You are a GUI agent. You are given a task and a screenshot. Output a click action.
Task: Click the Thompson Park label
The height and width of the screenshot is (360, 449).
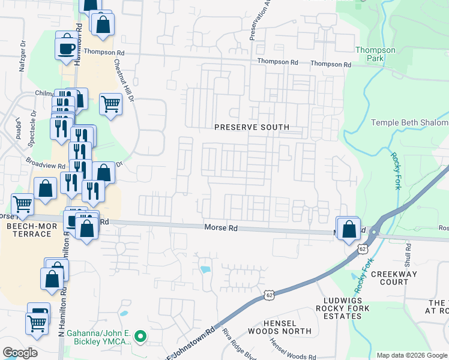375,55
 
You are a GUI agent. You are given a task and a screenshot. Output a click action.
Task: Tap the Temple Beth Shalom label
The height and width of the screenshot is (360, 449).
409,122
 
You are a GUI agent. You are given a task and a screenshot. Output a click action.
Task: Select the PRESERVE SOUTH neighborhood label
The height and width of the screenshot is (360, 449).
252,127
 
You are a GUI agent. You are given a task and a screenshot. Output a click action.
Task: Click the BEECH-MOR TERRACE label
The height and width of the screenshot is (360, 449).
28,230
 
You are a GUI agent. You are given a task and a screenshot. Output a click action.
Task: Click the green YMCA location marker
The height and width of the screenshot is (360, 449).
140,337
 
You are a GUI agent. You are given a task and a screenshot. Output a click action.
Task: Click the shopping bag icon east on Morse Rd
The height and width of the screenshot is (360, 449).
349,229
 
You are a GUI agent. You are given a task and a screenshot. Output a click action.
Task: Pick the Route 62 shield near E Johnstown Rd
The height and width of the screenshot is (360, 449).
269,295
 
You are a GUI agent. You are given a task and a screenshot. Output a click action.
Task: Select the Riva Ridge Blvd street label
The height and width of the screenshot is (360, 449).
232,341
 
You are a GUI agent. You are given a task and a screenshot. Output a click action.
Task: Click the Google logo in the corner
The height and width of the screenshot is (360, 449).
20,352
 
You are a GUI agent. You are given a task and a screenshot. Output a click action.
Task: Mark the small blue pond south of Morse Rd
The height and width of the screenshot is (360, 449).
206,269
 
